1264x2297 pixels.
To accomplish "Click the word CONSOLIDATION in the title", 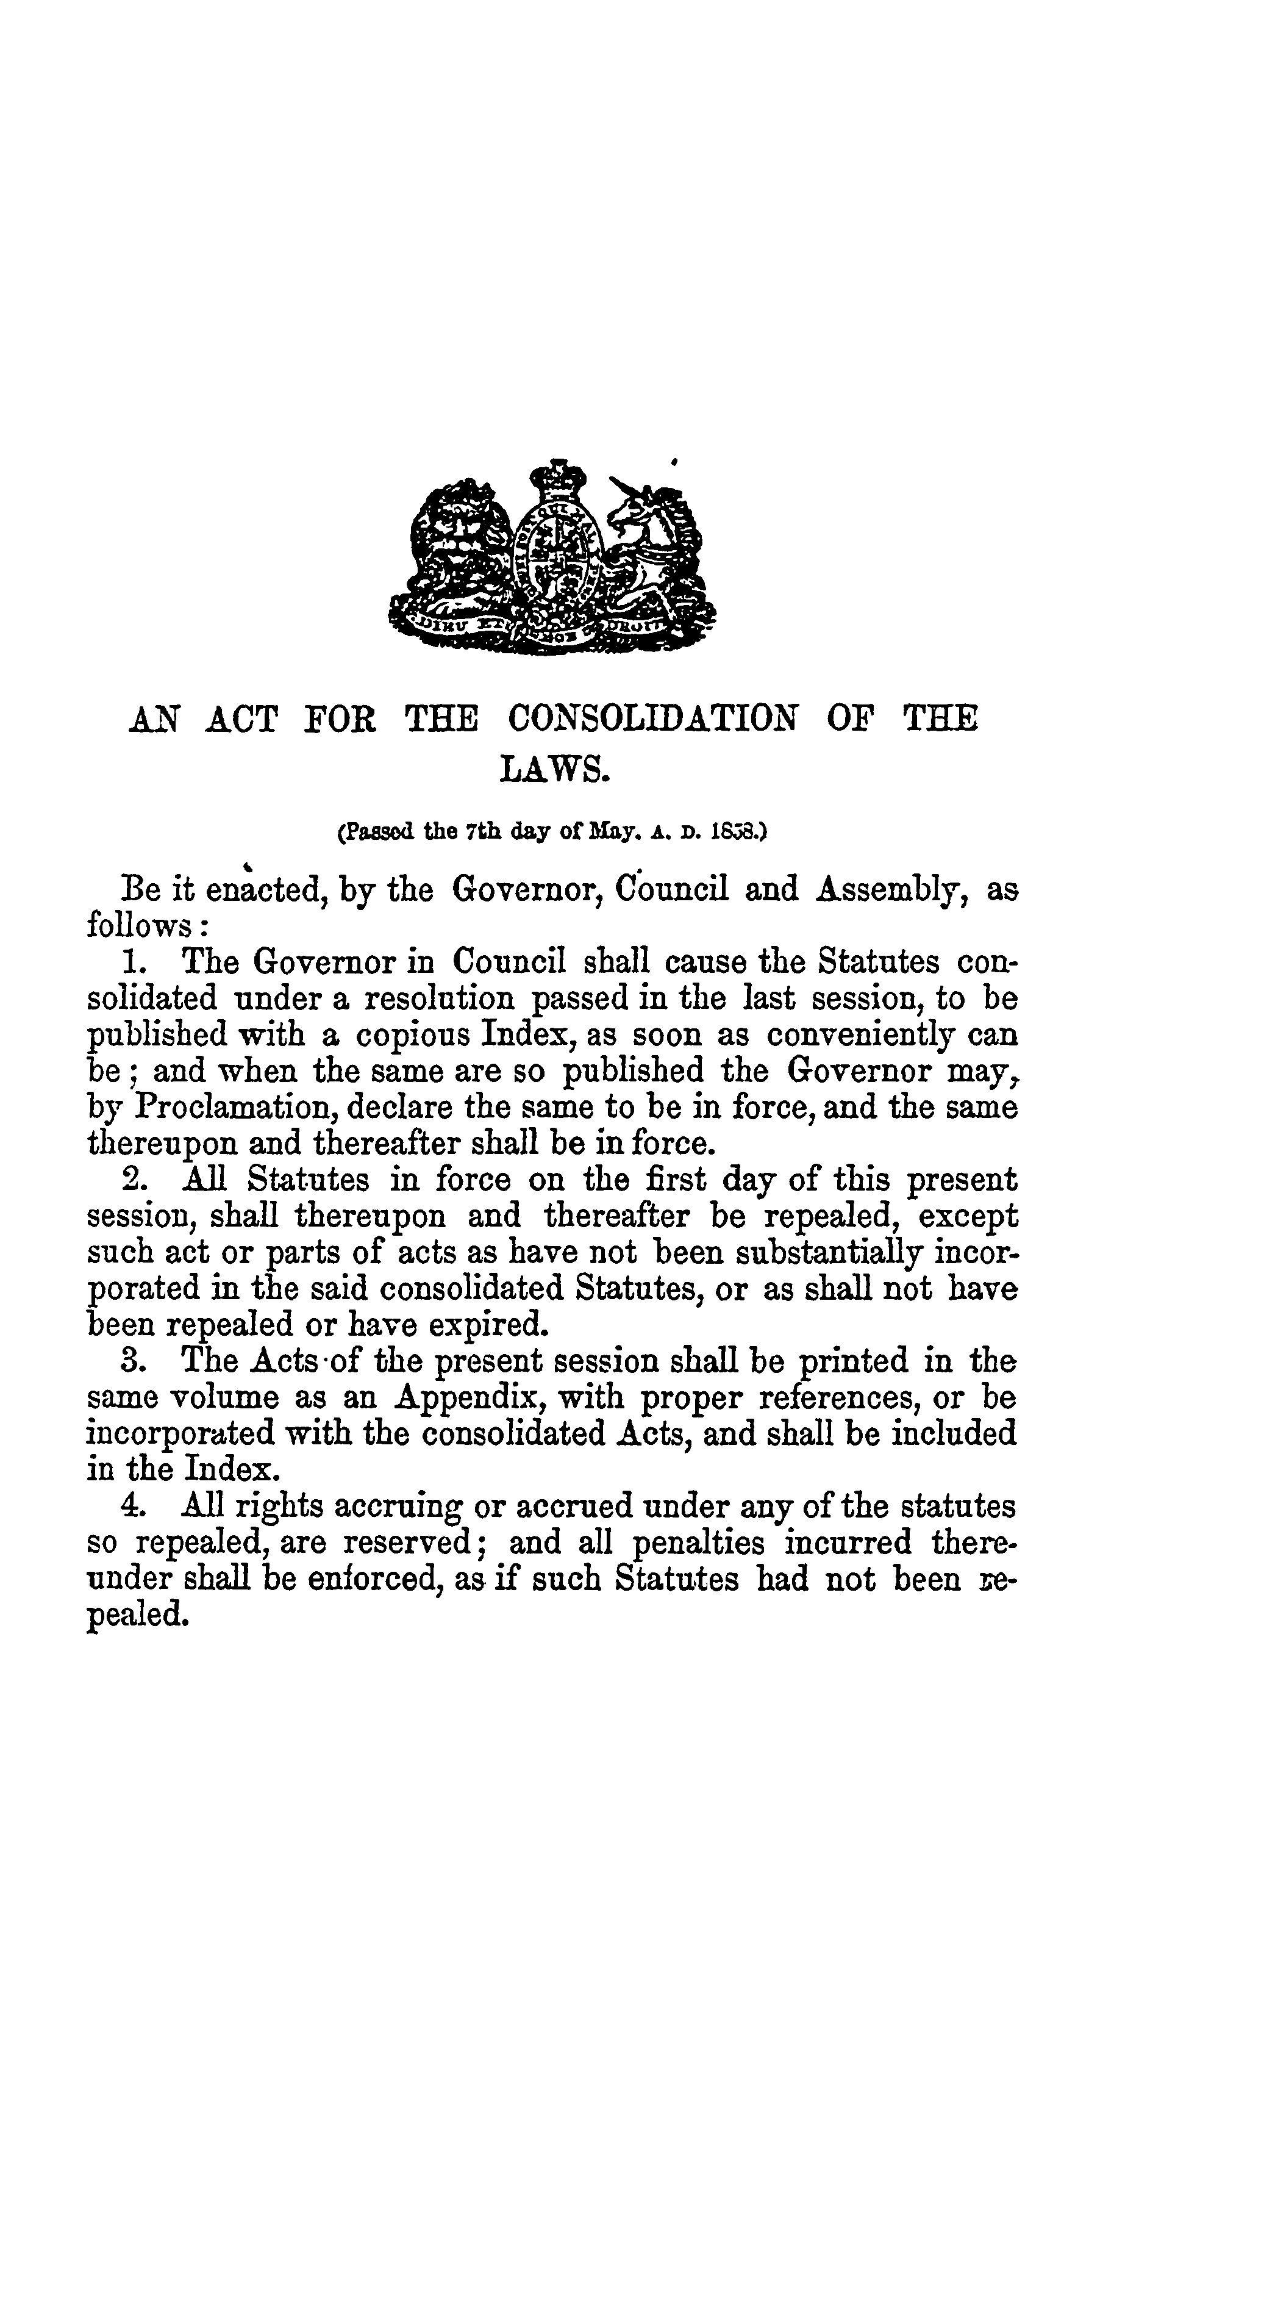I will coord(652,718).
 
